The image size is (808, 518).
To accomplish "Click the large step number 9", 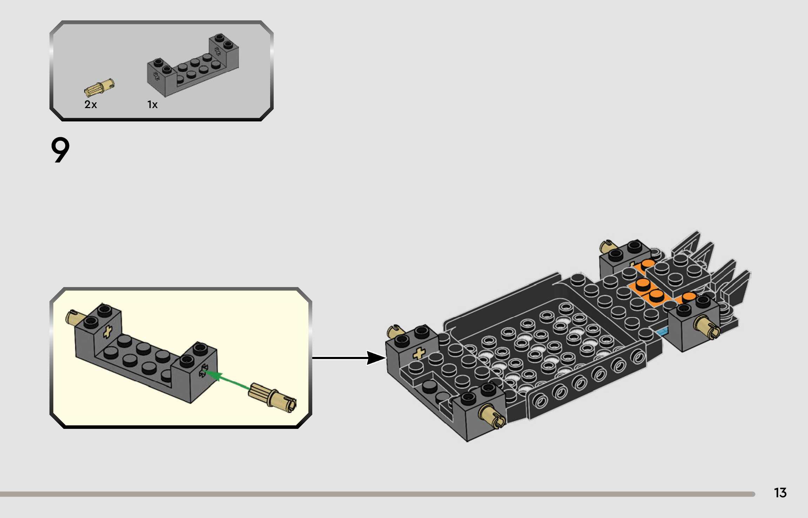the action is pyautogui.click(x=60, y=150).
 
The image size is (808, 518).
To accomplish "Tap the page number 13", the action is pyautogui.click(x=780, y=493).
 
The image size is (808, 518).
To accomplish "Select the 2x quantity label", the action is pyautogui.click(x=91, y=104).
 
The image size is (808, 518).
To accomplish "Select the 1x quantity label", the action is pyautogui.click(x=152, y=105).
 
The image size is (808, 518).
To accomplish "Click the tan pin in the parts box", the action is pyautogui.click(x=99, y=87).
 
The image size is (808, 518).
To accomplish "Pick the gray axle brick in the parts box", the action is pyautogui.click(x=193, y=65).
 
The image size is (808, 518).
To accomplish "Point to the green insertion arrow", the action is pyautogui.click(x=227, y=379).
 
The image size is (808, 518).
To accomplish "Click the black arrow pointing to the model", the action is pyautogui.click(x=349, y=358).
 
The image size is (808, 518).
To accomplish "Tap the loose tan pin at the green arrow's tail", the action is pyautogui.click(x=272, y=398).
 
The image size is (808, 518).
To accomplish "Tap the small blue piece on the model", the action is pyautogui.click(x=662, y=331).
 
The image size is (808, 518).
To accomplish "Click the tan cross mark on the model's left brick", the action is pyautogui.click(x=419, y=353).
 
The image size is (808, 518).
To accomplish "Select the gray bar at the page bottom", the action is pyautogui.click(x=378, y=494).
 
